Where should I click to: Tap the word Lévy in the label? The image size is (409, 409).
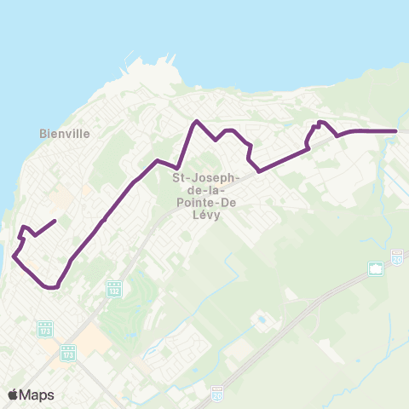coord(207,216)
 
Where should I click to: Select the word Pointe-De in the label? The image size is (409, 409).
coord(207,203)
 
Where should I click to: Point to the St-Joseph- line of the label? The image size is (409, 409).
coord(207,177)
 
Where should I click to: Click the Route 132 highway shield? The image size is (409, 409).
coord(113,290)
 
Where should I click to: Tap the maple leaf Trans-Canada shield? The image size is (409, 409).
coord(375,269)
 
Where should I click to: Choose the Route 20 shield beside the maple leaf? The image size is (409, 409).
coord(397,256)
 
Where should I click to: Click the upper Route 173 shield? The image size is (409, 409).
coord(45,328)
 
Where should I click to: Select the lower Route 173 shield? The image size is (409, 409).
coord(68,351)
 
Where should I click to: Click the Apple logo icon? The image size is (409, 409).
coord(14,395)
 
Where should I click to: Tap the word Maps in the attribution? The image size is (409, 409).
coord(37,395)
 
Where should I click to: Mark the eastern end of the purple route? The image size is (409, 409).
coord(397,131)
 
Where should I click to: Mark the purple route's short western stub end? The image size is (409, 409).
coord(55,222)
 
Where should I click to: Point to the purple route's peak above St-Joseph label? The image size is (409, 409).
coord(197,121)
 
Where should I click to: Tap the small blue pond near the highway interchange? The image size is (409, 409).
coord(261,320)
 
